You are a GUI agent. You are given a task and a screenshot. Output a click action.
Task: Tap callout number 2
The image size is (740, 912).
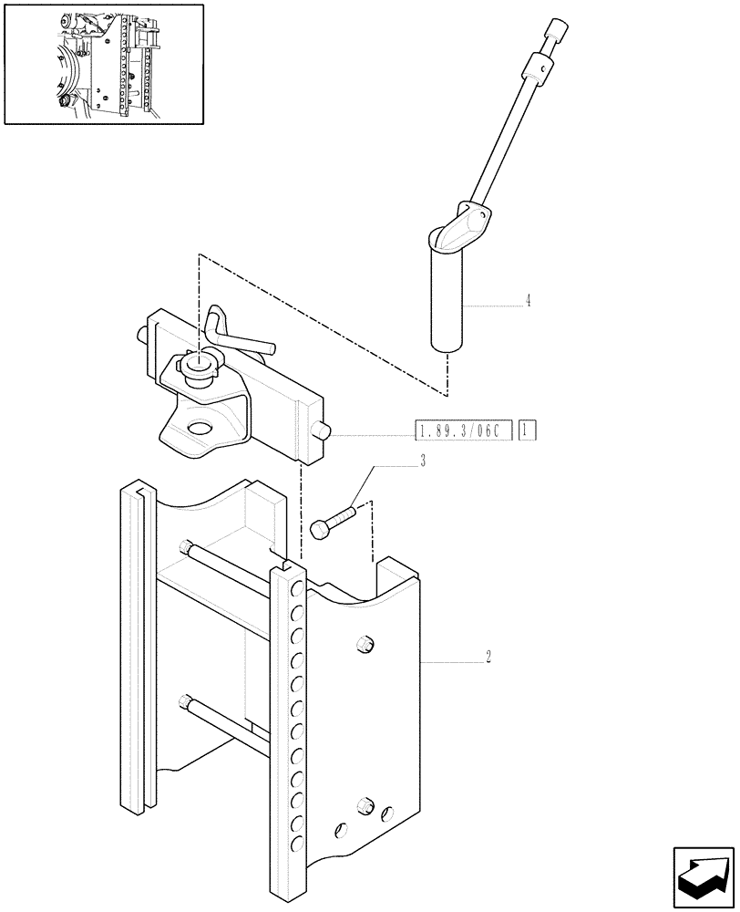(x=489, y=655)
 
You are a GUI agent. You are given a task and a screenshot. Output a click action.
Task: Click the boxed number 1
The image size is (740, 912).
(x=528, y=429)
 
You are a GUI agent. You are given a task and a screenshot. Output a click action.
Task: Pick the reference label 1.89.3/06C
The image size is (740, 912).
(x=463, y=429)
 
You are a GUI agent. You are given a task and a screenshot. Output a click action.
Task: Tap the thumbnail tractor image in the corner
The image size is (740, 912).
(x=103, y=64)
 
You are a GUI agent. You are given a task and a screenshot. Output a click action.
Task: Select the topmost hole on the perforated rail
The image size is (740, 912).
(x=295, y=590)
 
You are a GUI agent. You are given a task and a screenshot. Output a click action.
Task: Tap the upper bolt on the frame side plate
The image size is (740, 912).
(x=365, y=643)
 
